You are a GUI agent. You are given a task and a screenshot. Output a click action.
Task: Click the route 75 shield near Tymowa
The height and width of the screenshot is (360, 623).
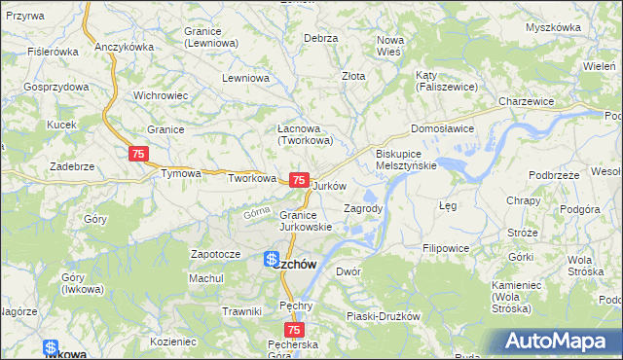[138, 155]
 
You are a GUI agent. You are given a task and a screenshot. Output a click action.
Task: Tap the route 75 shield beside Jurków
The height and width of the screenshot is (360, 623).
[300, 181]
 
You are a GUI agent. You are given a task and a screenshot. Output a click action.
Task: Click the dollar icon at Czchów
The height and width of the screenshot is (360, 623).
[273, 261]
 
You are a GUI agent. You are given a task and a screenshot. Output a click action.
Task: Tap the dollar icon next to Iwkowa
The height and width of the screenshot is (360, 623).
[51, 348]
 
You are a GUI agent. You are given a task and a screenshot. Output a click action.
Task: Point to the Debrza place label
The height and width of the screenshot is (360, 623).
[320, 38]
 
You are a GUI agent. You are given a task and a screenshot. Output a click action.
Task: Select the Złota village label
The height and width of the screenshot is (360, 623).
[353, 75]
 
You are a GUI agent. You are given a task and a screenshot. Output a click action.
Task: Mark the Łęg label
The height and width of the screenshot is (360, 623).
[448, 206]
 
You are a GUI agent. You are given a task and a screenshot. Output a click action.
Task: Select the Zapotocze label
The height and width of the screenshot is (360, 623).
[215, 254]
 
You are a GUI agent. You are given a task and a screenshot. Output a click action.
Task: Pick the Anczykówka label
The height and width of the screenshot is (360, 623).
[125, 47]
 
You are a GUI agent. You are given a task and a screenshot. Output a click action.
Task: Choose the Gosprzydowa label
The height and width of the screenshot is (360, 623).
[56, 87]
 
